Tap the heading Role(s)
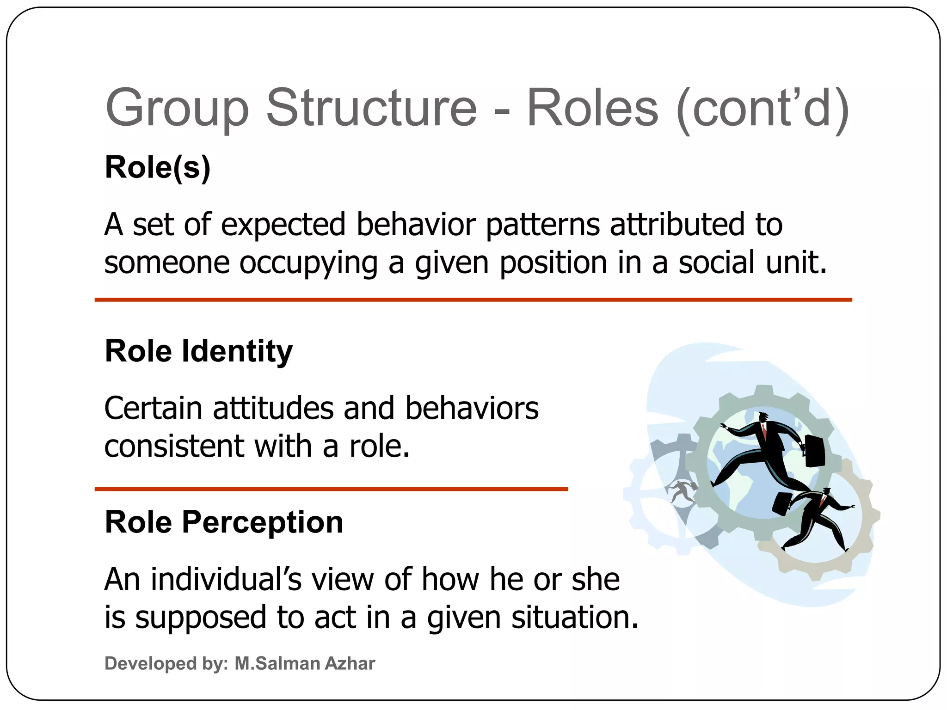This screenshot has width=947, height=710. (158, 167)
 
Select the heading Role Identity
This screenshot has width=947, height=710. (199, 351)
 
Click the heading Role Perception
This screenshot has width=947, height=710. (224, 522)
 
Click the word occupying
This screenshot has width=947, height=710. (308, 263)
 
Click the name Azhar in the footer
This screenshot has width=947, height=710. (350, 663)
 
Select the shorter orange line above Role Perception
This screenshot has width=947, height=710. (331, 489)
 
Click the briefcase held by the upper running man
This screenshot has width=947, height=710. (815, 451)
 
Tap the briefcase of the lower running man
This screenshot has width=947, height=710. (782, 503)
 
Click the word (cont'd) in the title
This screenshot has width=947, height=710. (762, 109)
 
